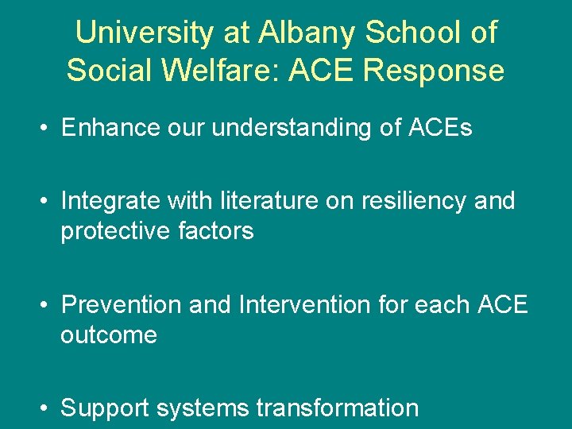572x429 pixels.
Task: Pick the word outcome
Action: [109, 334]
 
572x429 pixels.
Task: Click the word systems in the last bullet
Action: [203, 408]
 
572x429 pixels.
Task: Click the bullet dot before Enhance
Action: [44, 129]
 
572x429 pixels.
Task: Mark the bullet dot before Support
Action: [44, 408]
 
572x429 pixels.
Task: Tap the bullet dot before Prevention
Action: [44, 305]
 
